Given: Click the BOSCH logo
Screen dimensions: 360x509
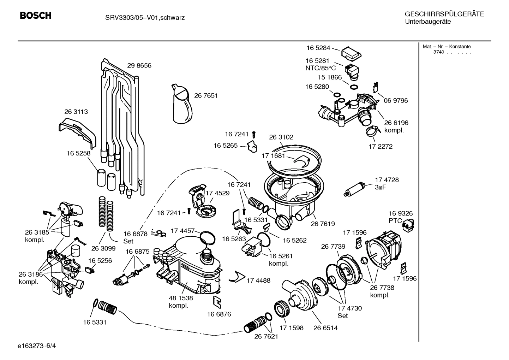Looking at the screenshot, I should click(x=36, y=16).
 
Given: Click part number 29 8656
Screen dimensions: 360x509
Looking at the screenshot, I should click(x=139, y=65).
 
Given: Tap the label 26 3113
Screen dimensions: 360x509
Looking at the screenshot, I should click(x=76, y=112).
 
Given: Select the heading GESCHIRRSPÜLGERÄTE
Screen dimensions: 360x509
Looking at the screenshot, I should click(x=444, y=14).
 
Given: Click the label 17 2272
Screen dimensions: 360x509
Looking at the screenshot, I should click(x=381, y=146).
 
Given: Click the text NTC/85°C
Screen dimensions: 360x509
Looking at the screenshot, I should click(x=321, y=68).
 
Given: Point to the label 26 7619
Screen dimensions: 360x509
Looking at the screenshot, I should click(x=323, y=224).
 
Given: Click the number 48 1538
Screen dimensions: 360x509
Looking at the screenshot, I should click(x=181, y=298).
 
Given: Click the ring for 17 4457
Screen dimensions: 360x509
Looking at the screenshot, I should click(x=207, y=237).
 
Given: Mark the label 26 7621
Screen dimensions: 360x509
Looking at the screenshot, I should click(x=266, y=336).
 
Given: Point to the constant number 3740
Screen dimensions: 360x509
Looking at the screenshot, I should click(x=438, y=52).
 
